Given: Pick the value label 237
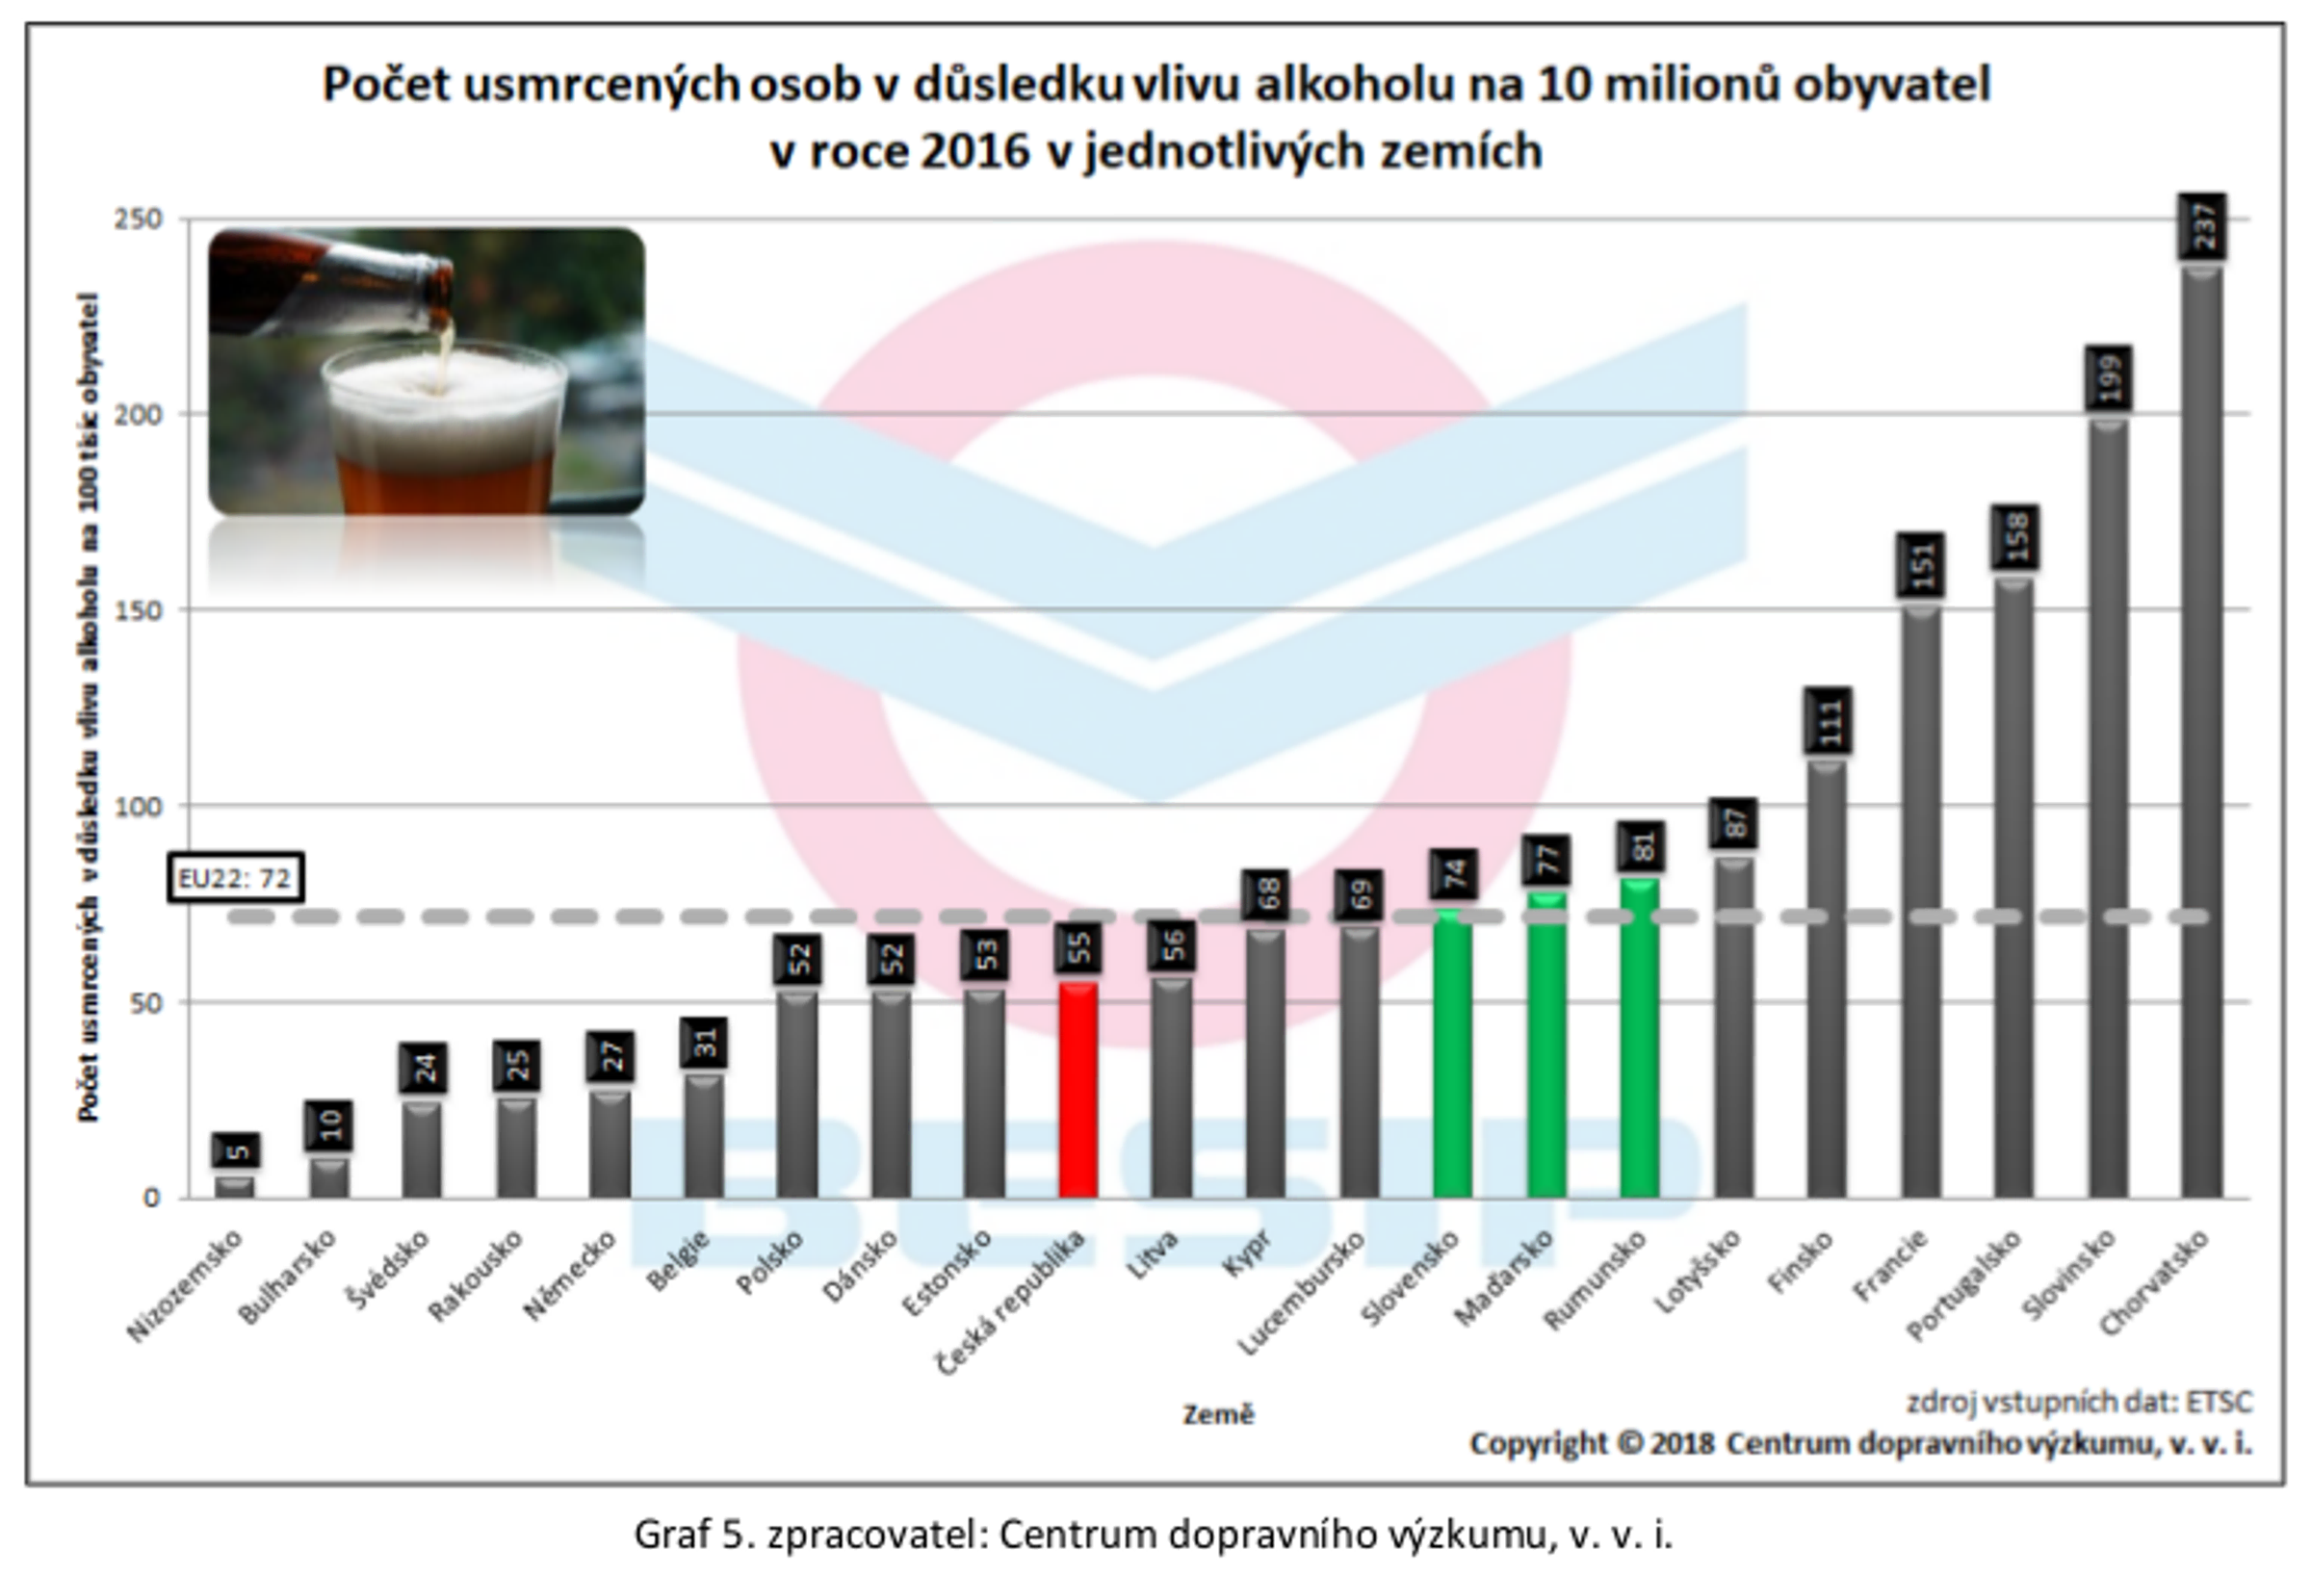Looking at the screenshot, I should pyautogui.click(x=2201, y=225).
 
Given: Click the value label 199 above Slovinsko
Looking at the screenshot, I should pyautogui.click(x=2108, y=377).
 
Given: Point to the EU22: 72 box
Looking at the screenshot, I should pyautogui.click(x=235, y=878).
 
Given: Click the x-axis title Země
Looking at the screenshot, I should pyautogui.click(x=1218, y=1414).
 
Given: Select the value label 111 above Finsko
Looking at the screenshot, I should pyautogui.click(x=1828, y=720).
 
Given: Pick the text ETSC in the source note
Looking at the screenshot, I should pyautogui.click(x=2219, y=1401).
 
